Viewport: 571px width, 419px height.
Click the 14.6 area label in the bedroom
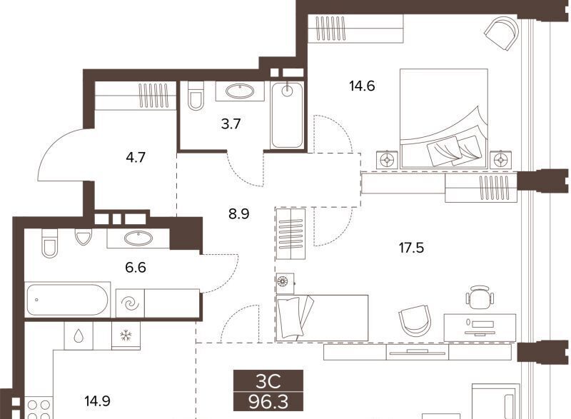tap(362, 86)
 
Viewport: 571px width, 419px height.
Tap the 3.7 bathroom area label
tap(231, 124)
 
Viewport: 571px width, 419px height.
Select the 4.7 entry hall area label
tap(136, 157)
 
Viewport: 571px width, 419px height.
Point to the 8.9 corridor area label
tap(239, 213)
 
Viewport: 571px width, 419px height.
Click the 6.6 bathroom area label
tap(136, 268)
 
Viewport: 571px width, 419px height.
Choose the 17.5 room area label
tap(411, 248)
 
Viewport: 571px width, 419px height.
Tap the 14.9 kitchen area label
tap(97, 401)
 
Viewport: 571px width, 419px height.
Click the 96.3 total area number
tap(268, 403)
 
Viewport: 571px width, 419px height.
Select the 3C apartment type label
tap(268, 381)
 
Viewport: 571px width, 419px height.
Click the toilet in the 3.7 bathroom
tap(196, 96)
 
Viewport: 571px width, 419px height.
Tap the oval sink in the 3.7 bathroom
tap(240, 91)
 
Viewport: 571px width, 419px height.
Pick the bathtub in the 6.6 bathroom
tap(68, 300)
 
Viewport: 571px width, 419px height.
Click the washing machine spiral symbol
tap(130, 303)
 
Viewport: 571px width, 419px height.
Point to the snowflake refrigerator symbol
tap(126, 335)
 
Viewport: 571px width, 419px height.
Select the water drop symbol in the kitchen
tap(79, 336)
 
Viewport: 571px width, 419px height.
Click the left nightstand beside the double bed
tap(386, 159)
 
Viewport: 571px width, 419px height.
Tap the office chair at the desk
tap(480, 297)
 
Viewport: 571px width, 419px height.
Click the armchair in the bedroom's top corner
tap(502, 34)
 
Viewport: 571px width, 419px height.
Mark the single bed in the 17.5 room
tap(322, 318)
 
